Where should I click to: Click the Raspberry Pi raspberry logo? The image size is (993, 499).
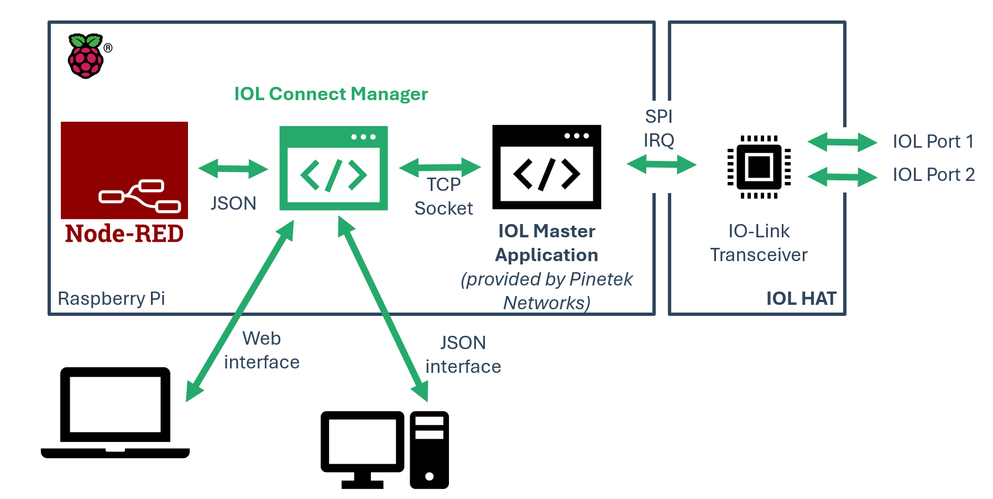(86, 56)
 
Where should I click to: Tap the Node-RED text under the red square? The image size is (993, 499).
(124, 233)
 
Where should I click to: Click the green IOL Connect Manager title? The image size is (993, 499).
(331, 94)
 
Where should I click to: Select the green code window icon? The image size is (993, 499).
(333, 168)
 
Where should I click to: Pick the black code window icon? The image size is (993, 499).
(546, 167)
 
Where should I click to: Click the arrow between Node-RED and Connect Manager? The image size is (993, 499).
(233, 169)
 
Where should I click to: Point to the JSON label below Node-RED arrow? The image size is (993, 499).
(233, 204)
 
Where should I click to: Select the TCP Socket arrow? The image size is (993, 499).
(440, 167)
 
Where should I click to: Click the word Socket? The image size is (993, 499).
(443, 209)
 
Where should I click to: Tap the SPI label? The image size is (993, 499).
(658, 117)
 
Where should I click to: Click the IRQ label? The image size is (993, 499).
(658, 141)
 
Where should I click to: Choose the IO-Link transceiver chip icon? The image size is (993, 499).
(759, 167)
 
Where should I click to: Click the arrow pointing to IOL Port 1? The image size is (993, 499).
(842, 142)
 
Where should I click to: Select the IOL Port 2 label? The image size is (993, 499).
(933, 175)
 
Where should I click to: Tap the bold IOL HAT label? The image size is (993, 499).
(801, 299)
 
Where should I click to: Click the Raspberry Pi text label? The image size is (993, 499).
(111, 299)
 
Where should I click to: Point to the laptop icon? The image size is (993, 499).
(115, 413)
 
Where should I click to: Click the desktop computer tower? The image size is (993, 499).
(429, 450)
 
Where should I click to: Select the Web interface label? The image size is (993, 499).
(262, 350)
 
